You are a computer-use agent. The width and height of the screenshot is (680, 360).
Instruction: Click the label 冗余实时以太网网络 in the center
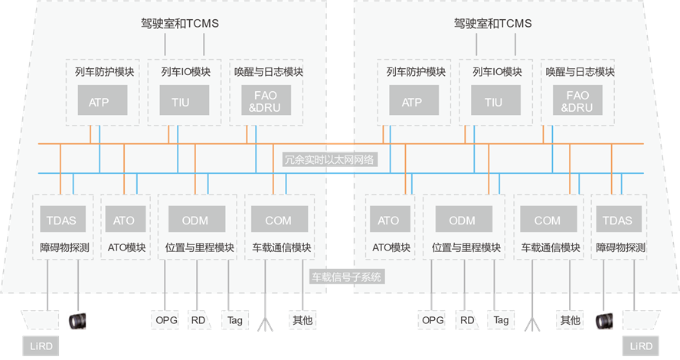[x=329, y=160]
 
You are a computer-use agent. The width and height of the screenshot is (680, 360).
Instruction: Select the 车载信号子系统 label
[x=346, y=277]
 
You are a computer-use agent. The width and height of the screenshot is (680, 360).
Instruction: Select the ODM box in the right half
[x=462, y=221]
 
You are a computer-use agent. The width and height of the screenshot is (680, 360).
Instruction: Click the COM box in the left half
[x=278, y=221]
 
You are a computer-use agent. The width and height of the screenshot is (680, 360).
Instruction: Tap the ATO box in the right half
[x=389, y=221]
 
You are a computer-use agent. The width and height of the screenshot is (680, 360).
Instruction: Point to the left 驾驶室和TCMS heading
[x=181, y=23]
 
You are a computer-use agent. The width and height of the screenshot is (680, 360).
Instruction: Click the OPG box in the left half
[x=166, y=320]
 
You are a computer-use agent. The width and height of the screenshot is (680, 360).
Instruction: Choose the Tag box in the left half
[x=234, y=320]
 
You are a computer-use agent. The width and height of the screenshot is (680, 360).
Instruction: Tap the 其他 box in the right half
[x=570, y=320]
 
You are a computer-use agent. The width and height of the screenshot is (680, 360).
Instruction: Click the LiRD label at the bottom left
[x=40, y=346]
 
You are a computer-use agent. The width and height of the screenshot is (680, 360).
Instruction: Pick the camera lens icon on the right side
[x=604, y=320]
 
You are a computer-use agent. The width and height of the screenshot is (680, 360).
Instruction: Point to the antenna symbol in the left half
[x=264, y=323]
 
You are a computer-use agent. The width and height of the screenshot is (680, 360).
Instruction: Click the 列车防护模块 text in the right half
[x=416, y=73]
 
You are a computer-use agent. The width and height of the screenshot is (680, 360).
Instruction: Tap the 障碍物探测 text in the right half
[x=620, y=248]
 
